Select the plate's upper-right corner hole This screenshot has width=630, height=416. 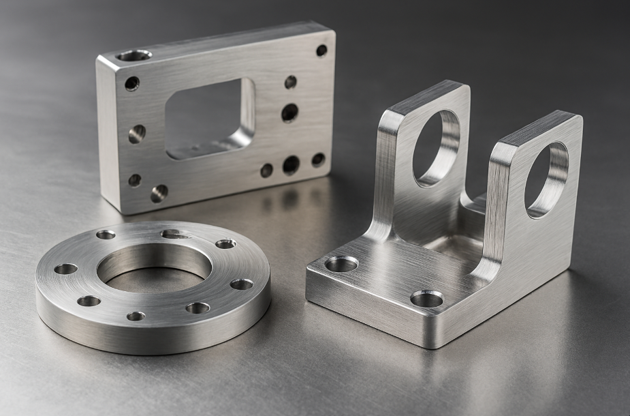pos(321,50)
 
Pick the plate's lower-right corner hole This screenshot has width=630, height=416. pos(318,160)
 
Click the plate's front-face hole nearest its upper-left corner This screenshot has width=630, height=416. pos(131,83)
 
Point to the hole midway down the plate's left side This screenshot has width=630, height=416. pos(137,133)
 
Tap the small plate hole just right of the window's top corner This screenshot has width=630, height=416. pos(291,82)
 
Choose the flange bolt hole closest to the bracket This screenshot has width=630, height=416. pos(241,284)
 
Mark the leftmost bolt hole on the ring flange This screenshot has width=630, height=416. pos(65,269)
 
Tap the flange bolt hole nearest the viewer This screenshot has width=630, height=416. pos(136,316)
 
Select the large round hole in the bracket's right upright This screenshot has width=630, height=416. pos(546,179)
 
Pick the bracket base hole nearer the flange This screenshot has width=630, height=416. pos(342,263)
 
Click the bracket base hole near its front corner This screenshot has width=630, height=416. pos(427,298)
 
